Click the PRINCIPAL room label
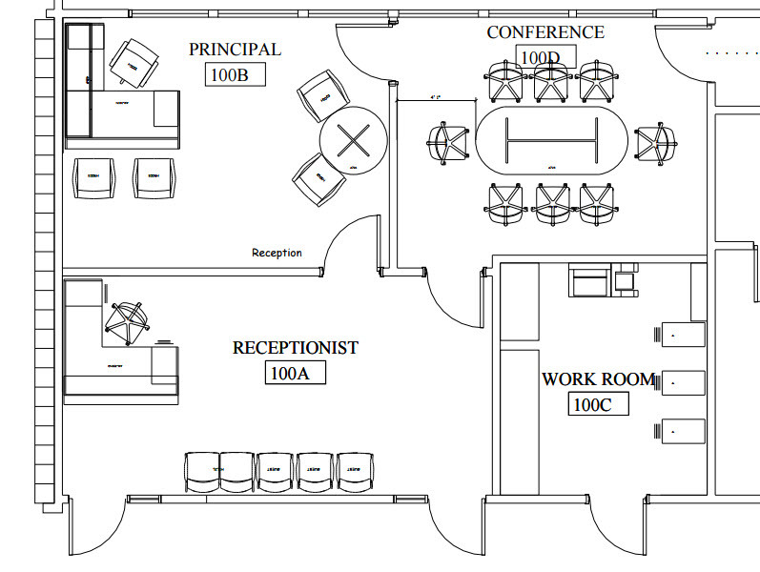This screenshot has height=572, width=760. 235,50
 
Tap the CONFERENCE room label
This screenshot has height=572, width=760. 545,32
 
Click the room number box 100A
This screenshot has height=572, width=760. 295,373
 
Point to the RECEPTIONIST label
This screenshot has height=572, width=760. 296,348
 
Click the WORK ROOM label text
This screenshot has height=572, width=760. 599,379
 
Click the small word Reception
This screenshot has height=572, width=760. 277,253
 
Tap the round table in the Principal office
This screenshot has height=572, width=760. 354,141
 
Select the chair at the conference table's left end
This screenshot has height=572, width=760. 446,143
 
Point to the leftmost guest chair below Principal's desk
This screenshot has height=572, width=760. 93,177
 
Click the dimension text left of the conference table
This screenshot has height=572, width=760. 438,97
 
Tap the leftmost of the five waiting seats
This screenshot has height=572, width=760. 201,472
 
